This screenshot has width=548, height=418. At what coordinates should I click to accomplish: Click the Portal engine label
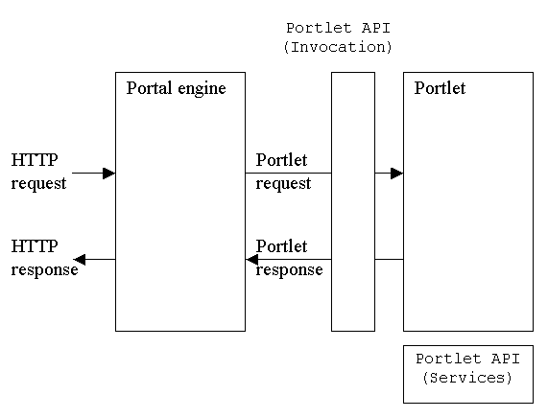[x=177, y=89]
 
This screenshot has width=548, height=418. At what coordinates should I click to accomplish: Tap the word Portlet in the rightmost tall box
[x=440, y=88]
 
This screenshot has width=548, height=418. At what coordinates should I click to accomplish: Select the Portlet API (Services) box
[x=468, y=374]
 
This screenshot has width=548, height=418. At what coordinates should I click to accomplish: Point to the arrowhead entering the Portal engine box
[x=109, y=174]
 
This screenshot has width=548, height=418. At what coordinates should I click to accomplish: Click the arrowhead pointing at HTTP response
[x=80, y=260]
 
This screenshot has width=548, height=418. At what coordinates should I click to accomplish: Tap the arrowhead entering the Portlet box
[x=397, y=174]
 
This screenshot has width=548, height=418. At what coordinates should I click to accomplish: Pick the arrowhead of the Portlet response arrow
[x=252, y=260]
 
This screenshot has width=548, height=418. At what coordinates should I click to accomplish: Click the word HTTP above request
[x=35, y=160]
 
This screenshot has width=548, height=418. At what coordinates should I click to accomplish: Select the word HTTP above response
[x=35, y=246]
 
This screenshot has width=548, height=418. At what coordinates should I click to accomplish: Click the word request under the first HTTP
[x=38, y=184]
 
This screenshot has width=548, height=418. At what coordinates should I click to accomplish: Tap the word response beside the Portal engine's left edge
[x=44, y=270]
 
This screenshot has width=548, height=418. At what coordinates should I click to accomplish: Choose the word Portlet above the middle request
[x=281, y=160]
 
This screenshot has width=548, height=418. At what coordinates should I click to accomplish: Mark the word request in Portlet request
[x=283, y=184]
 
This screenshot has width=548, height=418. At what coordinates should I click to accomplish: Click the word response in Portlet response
[x=289, y=270]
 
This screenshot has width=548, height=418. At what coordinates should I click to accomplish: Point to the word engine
[x=202, y=90]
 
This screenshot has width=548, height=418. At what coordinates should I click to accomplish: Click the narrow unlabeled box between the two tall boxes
[x=353, y=202]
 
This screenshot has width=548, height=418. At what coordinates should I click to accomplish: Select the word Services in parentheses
[x=467, y=378]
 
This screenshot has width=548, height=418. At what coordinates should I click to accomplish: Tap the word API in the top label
[x=375, y=28]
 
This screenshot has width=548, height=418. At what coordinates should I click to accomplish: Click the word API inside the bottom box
[x=506, y=359]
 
